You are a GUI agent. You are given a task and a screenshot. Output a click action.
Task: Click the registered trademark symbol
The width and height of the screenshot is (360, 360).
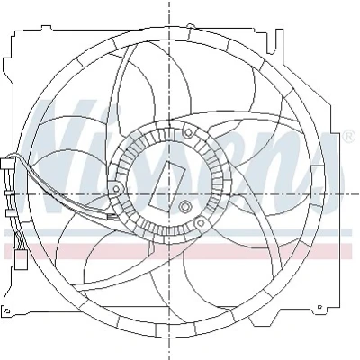[348, 137]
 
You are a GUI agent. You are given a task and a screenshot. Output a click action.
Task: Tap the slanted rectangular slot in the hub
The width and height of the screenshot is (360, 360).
[166, 186]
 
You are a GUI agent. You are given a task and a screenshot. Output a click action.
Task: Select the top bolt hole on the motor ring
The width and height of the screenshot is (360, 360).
[188, 132]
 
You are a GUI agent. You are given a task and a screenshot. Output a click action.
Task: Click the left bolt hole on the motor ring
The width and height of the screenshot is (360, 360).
[116, 189]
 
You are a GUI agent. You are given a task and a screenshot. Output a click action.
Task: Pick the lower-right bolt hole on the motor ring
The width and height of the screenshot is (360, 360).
[201, 223]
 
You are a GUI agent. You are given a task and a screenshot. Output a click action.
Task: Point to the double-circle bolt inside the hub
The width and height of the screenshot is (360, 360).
[184, 206]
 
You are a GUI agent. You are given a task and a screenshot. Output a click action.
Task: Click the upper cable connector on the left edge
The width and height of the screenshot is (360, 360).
[6, 164]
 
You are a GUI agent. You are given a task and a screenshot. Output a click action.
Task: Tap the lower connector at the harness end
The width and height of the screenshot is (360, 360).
[21, 258]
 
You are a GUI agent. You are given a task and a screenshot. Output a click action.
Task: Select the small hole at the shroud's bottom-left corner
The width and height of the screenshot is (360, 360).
[9, 310]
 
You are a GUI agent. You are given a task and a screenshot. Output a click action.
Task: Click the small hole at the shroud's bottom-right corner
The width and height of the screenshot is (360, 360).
[319, 307]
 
